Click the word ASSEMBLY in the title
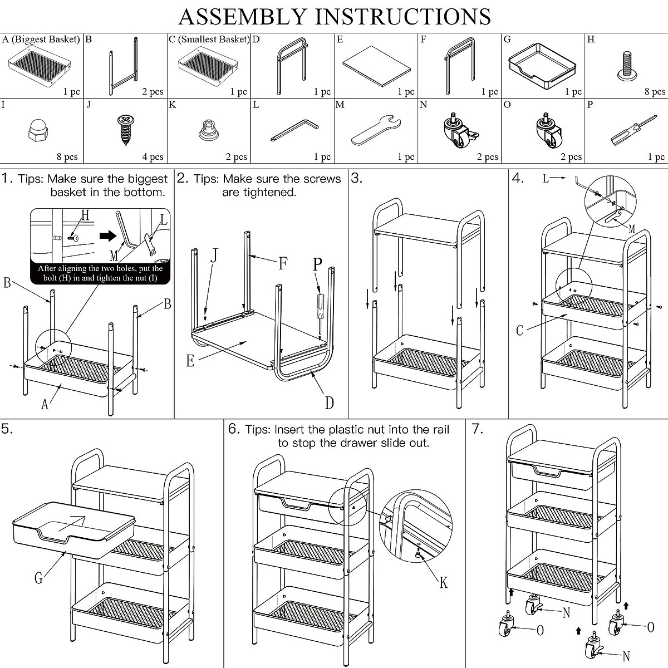(x=243, y=17)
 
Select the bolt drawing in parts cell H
(x=627, y=66)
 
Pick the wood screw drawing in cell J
(x=125, y=130)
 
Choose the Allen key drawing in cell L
(x=294, y=130)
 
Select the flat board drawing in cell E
(x=376, y=66)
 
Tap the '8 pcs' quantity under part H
(x=655, y=91)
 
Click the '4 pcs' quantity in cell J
(x=153, y=157)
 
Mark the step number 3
(x=356, y=178)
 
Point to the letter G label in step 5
(x=38, y=578)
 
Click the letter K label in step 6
(x=443, y=583)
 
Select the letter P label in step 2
(x=317, y=264)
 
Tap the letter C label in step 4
(x=519, y=330)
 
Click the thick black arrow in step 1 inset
(x=108, y=236)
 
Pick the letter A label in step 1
(x=45, y=404)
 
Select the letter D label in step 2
(x=330, y=403)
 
